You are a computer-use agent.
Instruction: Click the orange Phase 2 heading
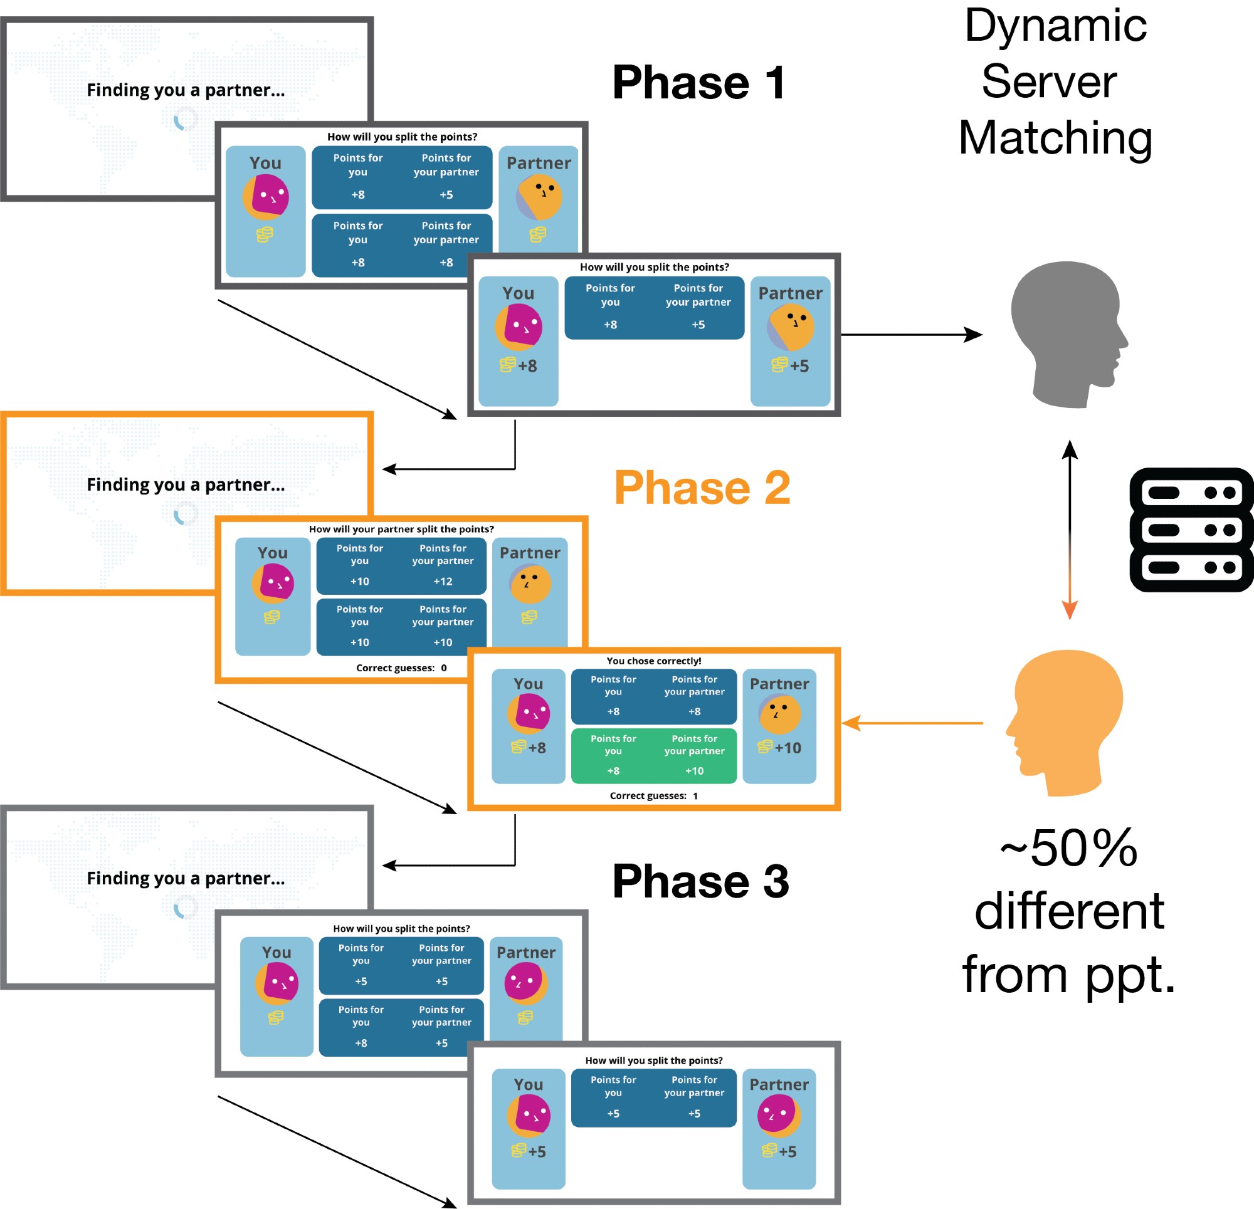tap(702, 488)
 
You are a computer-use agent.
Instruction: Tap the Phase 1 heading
tap(698, 83)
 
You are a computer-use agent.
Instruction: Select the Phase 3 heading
tap(700, 881)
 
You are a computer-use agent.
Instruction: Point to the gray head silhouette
tap(1065, 333)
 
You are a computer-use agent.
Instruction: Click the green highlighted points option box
tap(653, 755)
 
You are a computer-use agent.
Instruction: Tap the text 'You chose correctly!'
tap(653, 661)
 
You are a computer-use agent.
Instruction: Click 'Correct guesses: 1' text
tap(653, 796)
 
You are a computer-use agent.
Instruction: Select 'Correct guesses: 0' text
tap(401, 668)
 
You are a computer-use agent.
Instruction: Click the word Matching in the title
tap(1055, 138)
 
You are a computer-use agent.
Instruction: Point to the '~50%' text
tap(1068, 848)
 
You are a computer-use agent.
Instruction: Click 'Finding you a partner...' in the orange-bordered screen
tap(186, 485)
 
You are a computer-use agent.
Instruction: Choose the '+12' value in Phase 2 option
tap(443, 582)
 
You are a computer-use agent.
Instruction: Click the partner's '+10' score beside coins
tap(788, 748)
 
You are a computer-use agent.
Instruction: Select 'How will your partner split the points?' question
tap(401, 529)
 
